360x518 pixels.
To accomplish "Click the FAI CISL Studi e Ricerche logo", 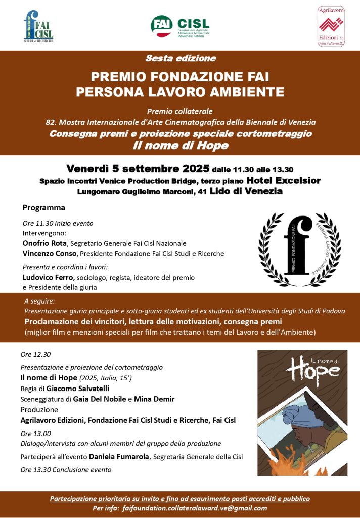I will (x=38, y=26).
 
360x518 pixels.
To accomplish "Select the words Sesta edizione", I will (x=180, y=58).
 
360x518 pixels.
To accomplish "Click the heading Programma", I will (x=44, y=208).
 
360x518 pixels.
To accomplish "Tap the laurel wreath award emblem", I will (x=299, y=249).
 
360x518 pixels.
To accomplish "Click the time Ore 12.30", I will (x=35, y=354).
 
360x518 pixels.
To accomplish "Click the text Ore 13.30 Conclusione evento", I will (x=66, y=470).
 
